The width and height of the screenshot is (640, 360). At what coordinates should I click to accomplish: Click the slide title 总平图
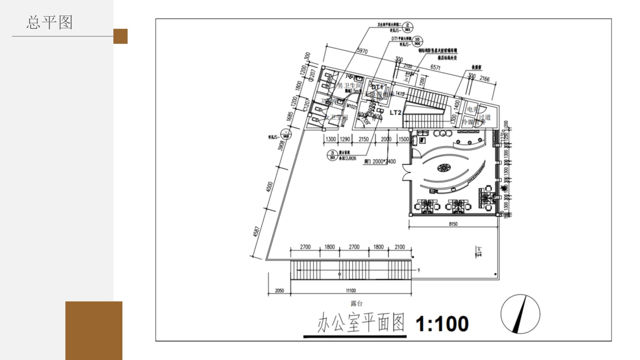click(x=49, y=22)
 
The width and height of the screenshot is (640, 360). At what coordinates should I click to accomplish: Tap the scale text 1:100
click(x=442, y=324)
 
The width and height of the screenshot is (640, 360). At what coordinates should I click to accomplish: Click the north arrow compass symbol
click(x=520, y=314)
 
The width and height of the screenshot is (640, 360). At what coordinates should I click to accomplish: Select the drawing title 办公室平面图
click(x=361, y=323)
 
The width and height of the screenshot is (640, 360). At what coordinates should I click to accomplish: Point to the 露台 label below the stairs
click(x=356, y=303)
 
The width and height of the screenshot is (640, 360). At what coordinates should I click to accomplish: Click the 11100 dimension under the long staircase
click(x=351, y=291)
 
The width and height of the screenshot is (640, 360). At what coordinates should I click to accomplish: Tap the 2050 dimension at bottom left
click(x=279, y=291)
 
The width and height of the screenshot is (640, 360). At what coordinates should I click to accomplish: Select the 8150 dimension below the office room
click(x=453, y=224)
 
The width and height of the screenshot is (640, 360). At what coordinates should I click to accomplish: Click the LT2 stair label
click(x=395, y=112)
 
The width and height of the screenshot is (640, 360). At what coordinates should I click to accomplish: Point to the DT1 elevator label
click(x=377, y=87)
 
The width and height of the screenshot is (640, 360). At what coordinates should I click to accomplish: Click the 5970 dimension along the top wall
click(x=362, y=51)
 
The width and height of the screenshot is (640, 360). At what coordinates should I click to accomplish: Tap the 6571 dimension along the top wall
click(x=435, y=67)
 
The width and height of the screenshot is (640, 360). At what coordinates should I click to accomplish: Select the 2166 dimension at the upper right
click(x=484, y=79)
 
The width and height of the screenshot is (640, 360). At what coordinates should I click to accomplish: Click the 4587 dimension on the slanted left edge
click(x=256, y=232)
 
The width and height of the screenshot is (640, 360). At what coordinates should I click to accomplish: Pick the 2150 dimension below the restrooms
click(x=363, y=139)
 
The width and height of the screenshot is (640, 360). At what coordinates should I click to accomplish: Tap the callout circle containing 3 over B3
click(x=332, y=155)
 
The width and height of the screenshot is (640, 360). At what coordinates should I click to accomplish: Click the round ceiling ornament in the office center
click(x=444, y=168)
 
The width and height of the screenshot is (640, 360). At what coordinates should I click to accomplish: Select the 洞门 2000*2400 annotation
click(x=380, y=162)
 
